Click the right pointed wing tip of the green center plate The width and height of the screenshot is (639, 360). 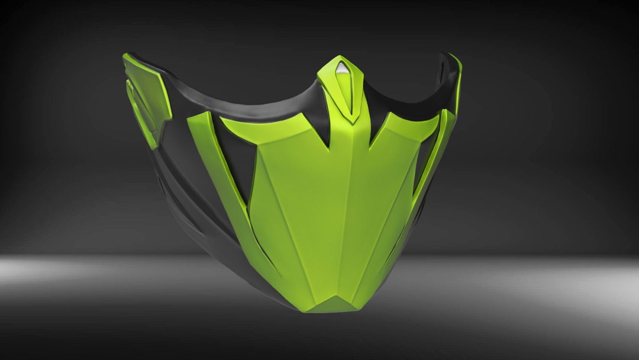coord(435,118)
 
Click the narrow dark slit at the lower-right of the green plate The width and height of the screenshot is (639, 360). coord(396,243)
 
